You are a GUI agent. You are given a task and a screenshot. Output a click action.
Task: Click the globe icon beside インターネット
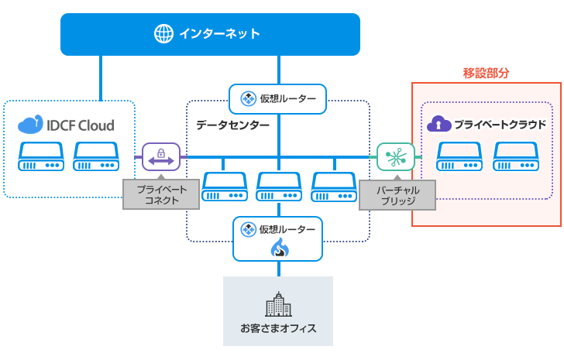[163, 33]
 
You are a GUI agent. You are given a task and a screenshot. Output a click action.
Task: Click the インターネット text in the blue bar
[219, 33]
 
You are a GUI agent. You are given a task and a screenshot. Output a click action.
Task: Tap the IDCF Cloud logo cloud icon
[29, 125]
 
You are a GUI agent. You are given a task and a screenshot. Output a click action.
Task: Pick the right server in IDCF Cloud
[95, 157]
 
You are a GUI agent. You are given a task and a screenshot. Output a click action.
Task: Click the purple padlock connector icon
[160, 156]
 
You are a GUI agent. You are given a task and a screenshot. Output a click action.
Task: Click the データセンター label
[232, 125]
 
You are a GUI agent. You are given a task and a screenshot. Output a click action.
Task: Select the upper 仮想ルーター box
[278, 98]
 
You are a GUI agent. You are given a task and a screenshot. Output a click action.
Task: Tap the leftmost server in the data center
[224, 187]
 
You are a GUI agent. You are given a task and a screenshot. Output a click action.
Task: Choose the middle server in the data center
[278, 187]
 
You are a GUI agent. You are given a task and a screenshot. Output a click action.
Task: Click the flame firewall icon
[279, 248]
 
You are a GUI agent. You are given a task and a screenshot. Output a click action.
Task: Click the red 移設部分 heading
[486, 74]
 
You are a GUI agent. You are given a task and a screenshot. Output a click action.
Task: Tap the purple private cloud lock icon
[439, 124]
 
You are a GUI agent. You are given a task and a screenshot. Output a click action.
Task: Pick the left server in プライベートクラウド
[458, 157]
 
